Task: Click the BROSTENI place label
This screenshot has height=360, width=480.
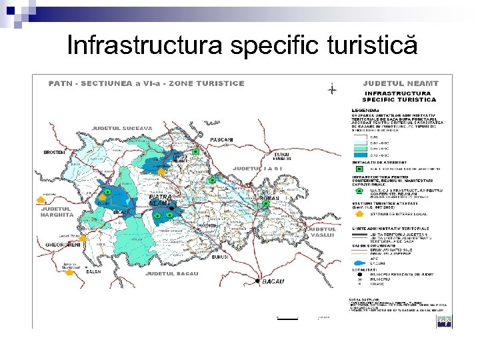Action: click(x=55, y=152)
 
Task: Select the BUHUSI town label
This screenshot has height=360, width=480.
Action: click(x=221, y=256)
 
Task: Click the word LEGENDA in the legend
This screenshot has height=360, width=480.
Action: click(x=365, y=109)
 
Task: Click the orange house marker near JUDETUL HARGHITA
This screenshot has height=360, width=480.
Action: click(x=41, y=198)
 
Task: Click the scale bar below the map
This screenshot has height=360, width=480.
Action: click(x=287, y=319)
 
